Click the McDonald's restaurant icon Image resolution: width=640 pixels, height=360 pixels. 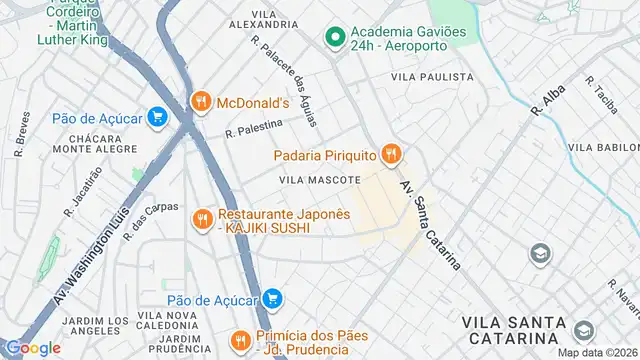tap(201, 101)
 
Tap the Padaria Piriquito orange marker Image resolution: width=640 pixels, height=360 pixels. tap(392, 154)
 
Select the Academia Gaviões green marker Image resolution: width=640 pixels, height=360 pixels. tap(334, 38)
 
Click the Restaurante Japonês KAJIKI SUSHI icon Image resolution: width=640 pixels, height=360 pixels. tap(202, 220)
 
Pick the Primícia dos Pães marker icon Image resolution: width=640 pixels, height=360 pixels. tap(239, 341)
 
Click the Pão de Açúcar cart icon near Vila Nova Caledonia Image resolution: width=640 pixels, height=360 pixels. tap(271, 298)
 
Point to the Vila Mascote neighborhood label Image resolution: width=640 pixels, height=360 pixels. tap(319, 180)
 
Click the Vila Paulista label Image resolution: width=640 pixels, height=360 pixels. tap(432, 77)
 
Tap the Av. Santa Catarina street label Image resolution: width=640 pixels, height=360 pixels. tap(431, 226)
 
